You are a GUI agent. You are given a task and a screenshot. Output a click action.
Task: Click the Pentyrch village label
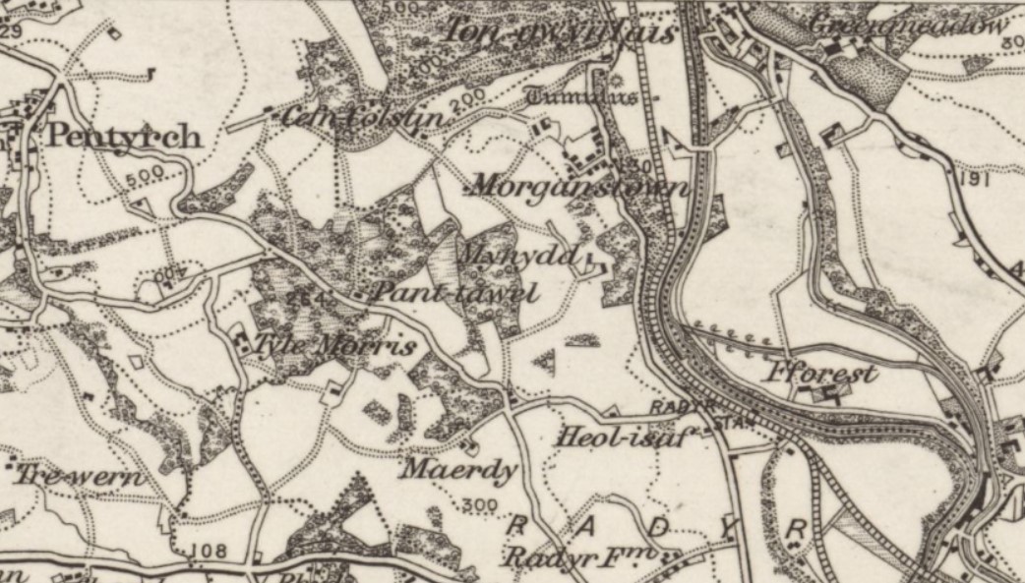point(124,136)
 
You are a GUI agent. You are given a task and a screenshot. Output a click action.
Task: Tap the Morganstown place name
point(578,185)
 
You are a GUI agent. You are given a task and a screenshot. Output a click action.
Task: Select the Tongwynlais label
point(561,32)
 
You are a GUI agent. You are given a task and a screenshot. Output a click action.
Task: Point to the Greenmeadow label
point(909,26)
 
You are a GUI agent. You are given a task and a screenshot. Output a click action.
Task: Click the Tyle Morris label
point(334,346)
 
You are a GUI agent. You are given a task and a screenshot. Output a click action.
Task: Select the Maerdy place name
point(456,469)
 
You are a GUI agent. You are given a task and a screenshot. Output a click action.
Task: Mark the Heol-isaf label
point(617,437)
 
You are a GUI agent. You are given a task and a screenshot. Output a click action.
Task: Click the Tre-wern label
point(80,478)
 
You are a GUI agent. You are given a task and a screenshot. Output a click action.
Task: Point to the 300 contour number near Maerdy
point(479,505)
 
